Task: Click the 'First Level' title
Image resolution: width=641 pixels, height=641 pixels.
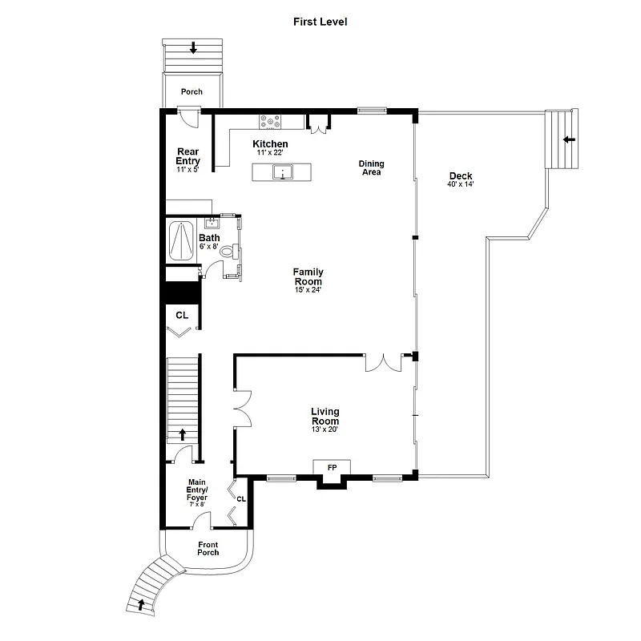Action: pos(320,22)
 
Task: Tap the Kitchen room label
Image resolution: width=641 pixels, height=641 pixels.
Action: pos(270,144)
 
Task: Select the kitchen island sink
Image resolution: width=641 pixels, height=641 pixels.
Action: pos(282,171)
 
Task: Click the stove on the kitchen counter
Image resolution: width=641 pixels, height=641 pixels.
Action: pos(270,122)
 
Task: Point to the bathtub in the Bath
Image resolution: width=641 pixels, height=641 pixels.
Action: pos(182,239)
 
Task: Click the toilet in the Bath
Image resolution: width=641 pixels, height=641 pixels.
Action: pos(228,252)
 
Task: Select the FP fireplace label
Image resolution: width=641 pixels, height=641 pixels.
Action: pos(332,467)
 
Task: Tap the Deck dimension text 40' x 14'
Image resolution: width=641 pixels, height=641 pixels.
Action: pos(461,184)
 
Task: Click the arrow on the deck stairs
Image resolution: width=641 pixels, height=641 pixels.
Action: pos(568,139)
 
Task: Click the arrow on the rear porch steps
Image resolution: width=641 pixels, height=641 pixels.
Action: pos(192,49)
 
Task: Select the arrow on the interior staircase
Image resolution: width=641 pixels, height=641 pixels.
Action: pos(182,434)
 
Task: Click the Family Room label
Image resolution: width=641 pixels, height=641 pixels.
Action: pos(308,276)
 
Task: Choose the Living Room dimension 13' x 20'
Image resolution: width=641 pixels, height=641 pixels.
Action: pos(325,429)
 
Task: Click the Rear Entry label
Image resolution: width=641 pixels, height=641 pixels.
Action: pos(187,155)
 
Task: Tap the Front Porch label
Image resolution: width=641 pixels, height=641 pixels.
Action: pos(208,548)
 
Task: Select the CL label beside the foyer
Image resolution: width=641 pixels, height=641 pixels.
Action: pos(240,498)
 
